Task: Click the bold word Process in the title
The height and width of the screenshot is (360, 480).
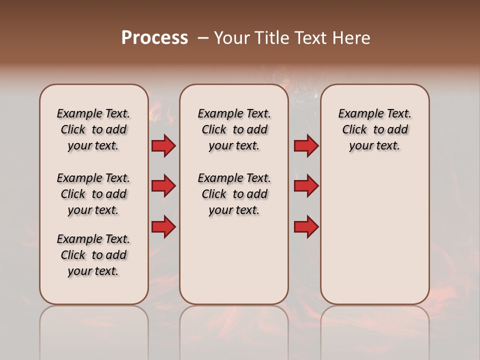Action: [154, 38]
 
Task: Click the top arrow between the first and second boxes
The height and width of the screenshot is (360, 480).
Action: [163, 146]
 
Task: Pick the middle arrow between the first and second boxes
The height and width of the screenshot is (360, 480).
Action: [163, 186]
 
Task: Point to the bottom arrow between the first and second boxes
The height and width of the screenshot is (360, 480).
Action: [163, 226]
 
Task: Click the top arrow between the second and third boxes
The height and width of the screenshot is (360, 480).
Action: [306, 146]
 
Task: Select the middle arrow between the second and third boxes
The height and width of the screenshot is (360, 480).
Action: [306, 186]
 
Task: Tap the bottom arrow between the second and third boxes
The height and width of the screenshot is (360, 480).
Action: [306, 226]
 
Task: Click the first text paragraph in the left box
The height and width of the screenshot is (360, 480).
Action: [93, 129]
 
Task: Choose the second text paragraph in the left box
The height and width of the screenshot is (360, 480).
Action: [93, 194]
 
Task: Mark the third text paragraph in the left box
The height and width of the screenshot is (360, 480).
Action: [93, 255]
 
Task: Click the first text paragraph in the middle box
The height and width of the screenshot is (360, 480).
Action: [234, 129]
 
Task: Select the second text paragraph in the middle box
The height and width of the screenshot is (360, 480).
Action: [234, 194]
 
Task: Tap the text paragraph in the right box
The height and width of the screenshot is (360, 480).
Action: [375, 129]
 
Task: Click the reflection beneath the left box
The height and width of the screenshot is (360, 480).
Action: [94, 330]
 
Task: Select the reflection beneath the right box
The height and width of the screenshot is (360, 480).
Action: [375, 330]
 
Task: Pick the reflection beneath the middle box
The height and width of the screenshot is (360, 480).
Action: [234, 330]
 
